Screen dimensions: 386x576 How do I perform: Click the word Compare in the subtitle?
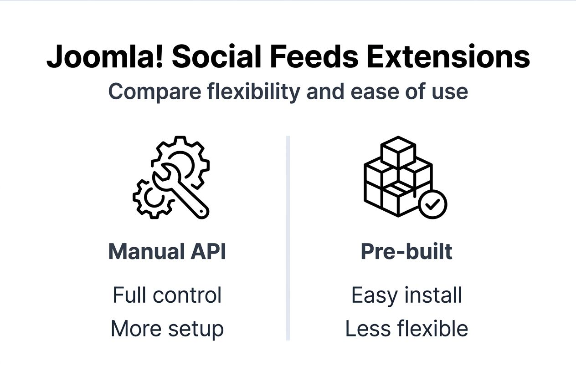tap(154, 91)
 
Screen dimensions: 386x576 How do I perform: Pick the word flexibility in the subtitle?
tap(253, 91)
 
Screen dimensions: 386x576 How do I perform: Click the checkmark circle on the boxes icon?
tap(432, 204)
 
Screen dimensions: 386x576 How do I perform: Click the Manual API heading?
tap(167, 251)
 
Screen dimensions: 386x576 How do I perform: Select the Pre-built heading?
tap(406, 251)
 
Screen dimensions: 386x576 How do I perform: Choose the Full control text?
tap(167, 295)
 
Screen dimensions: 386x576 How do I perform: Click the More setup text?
tap(167, 329)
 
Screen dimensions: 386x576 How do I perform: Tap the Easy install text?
tap(406, 295)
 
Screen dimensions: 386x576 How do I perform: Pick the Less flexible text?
tap(406, 329)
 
